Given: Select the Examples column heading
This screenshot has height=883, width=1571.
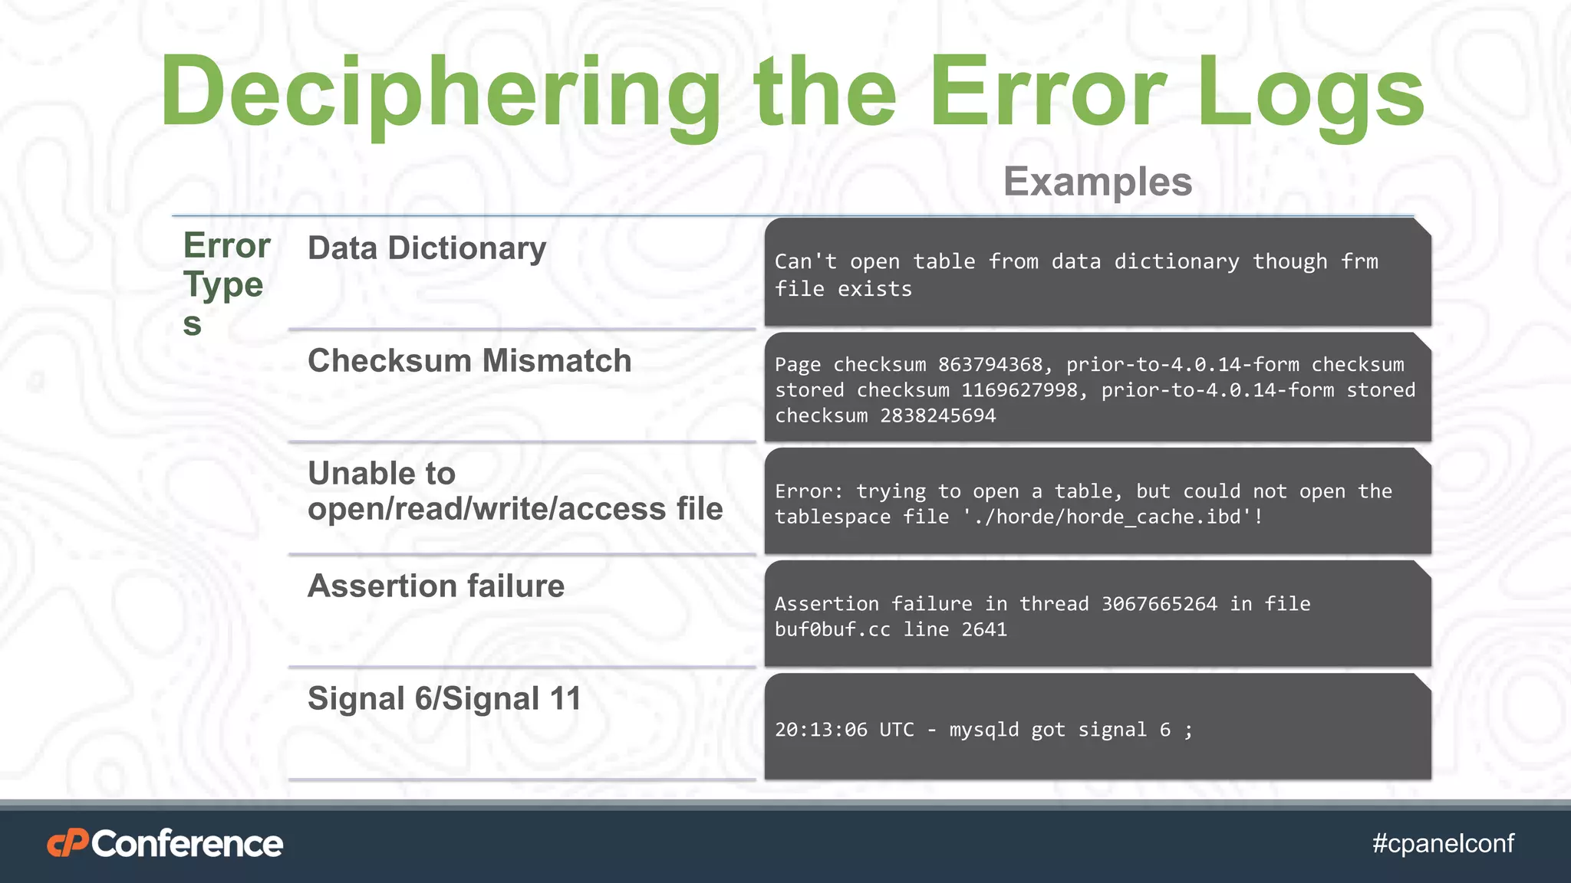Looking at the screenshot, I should click(x=1098, y=182).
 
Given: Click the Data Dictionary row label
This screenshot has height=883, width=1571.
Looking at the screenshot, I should click(x=427, y=248).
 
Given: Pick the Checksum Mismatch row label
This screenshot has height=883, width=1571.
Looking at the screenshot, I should click(x=469, y=361).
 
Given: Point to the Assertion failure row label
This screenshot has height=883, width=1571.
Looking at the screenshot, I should click(x=436, y=586).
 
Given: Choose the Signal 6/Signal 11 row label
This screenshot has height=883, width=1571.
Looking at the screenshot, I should click(x=444, y=699).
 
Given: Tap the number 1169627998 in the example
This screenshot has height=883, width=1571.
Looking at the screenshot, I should click(x=1019, y=390).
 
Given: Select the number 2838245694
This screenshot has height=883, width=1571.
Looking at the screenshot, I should click(x=937, y=416).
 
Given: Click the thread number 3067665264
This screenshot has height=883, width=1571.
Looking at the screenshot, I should click(x=1159, y=604).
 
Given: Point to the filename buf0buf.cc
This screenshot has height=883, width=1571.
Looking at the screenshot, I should click(x=832, y=630).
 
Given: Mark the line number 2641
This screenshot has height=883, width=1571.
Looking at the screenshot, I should click(x=984, y=630).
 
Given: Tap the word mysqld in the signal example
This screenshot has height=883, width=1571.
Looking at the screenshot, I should click(x=984, y=730).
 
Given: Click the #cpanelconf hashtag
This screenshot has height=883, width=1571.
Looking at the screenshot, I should click(x=1443, y=844).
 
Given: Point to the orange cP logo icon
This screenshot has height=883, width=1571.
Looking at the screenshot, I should click(x=68, y=844).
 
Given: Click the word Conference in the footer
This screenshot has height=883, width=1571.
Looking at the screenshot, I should click(x=187, y=844).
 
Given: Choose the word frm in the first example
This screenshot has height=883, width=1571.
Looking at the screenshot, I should click(x=1359, y=262).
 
